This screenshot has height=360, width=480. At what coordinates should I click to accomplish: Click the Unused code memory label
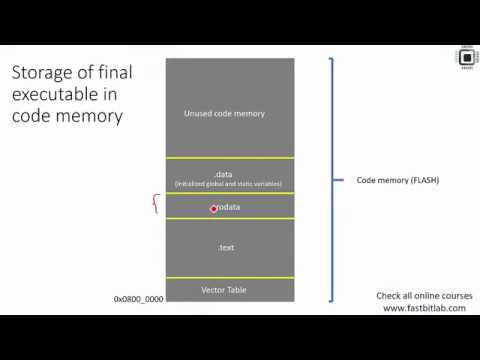tap(224, 113)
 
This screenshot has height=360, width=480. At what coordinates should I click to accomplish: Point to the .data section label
tap(224, 173)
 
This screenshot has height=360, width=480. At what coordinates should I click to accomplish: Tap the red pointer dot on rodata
tap(213, 208)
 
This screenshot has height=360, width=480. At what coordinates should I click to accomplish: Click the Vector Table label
tap(224, 290)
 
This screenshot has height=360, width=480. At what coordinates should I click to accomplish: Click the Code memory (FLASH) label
tap(398, 180)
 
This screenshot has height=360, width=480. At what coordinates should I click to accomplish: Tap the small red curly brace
tap(154, 205)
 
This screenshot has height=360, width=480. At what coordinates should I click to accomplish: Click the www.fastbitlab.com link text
tap(425, 308)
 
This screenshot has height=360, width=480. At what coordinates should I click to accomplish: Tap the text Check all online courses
tap(424, 296)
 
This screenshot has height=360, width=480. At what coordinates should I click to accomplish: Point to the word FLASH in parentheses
tap(423, 180)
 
